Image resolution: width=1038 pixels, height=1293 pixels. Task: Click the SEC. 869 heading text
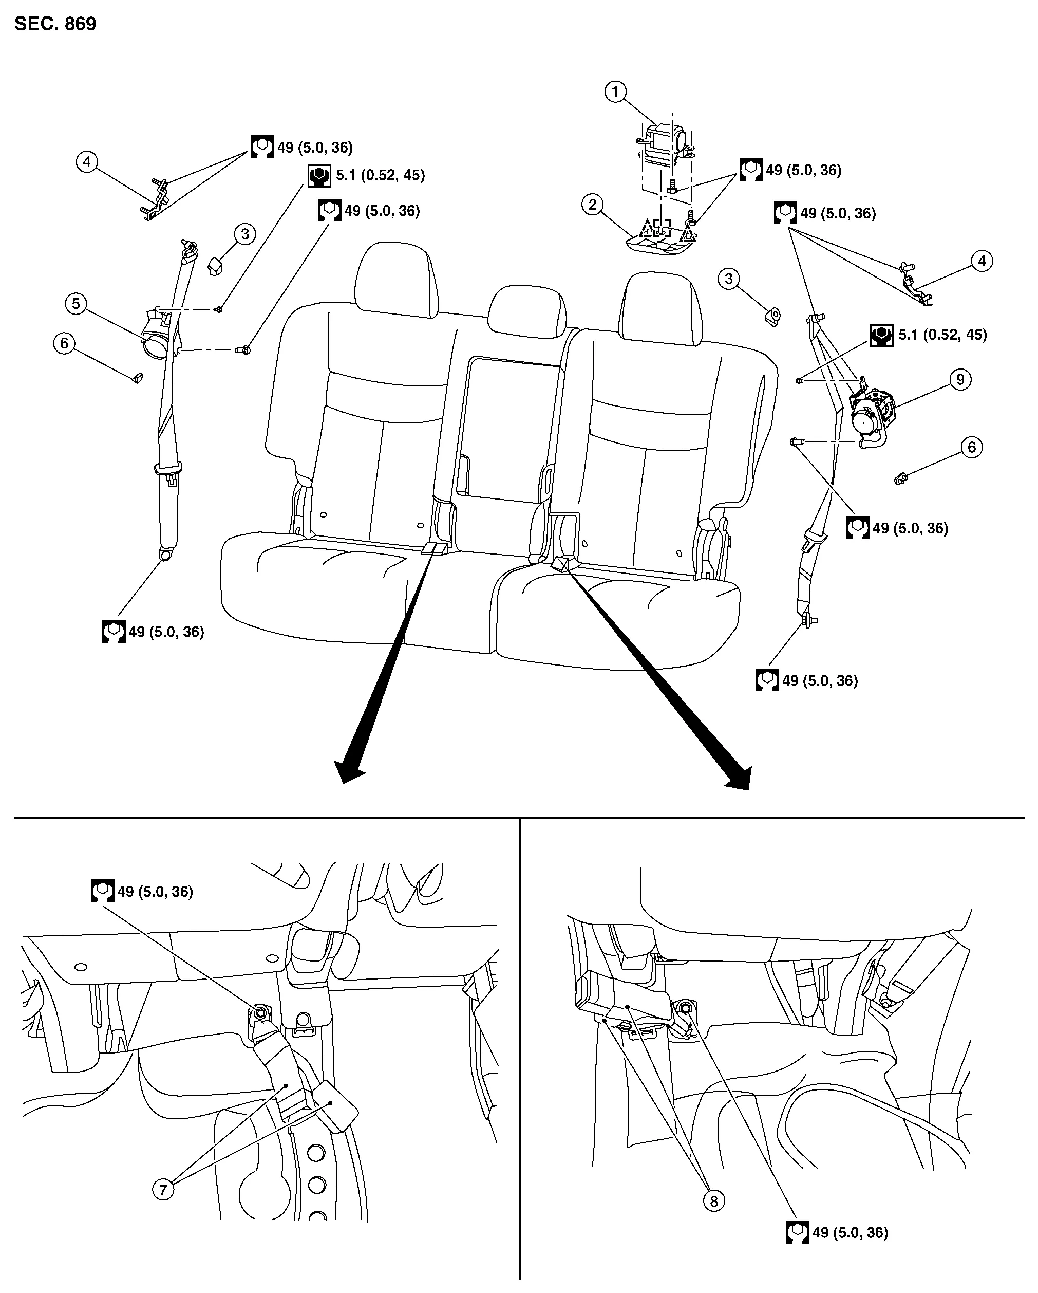click(55, 24)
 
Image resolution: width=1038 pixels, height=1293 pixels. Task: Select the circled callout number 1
click(615, 92)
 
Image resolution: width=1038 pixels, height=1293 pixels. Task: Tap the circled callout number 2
click(593, 205)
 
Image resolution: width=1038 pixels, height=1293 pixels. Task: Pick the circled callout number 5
click(76, 303)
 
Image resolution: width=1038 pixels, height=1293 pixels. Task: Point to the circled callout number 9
click(960, 380)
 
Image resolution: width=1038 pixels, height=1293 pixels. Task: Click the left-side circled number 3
click(244, 233)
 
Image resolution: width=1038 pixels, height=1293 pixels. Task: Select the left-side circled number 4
click(87, 162)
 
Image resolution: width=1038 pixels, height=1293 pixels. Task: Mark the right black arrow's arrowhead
click(739, 778)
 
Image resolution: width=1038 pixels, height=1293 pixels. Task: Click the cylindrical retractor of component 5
click(157, 342)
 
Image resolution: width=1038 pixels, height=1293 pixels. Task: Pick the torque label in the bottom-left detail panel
click(143, 891)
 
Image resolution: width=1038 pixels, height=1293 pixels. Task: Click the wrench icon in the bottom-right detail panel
click(798, 1232)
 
